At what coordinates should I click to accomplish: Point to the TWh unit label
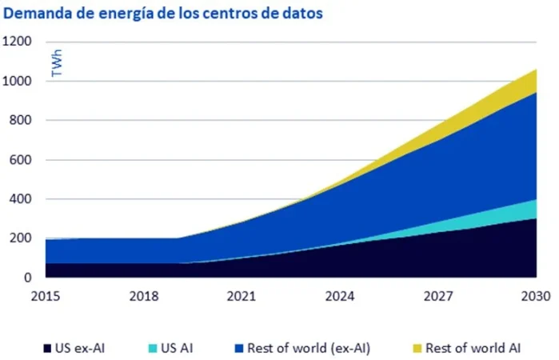pyautogui.click(x=57, y=64)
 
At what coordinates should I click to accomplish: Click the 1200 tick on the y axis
pyautogui.click(x=18, y=42)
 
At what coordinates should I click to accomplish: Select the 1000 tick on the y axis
pyautogui.click(x=18, y=82)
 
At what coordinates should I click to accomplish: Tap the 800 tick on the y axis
pyautogui.click(x=21, y=121)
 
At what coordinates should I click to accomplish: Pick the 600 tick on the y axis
pyautogui.click(x=21, y=160)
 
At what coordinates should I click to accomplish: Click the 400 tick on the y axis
pyautogui.click(x=21, y=199)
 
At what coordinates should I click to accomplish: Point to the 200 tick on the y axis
pyautogui.click(x=21, y=238)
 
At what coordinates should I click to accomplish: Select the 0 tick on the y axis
pyautogui.click(x=27, y=278)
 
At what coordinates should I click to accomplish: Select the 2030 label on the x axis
pyautogui.click(x=533, y=296)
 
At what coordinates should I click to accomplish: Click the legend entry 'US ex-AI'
pyautogui.click(x=78, y=348)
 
